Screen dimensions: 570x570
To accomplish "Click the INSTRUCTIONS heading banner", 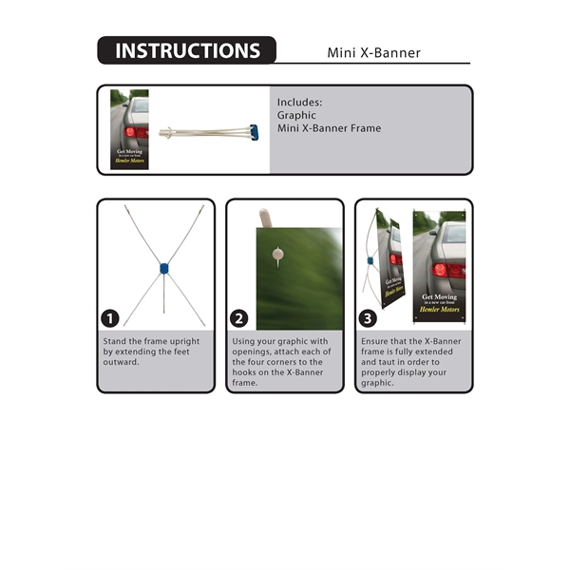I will tap(186, 51).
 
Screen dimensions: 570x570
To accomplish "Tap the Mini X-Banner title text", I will tap(373, 52).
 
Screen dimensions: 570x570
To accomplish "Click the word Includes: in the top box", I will tap(300, 102).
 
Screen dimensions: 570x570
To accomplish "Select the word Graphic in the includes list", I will tap(296, 115).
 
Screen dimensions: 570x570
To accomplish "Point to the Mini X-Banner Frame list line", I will tap(329, 128).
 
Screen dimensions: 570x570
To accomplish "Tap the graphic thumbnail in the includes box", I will tap(129, 129).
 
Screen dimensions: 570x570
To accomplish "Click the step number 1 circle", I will tap(111, 318).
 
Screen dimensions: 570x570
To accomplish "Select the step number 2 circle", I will tap(240, 318).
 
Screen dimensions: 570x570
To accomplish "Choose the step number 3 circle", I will tap(370, 318).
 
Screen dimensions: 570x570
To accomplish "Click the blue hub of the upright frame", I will tap(164, 269).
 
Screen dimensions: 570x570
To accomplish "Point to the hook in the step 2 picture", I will tap(276, 254).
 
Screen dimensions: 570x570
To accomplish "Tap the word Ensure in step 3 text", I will tap(376, 341).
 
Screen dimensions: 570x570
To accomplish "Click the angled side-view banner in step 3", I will tap(390, 261).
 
